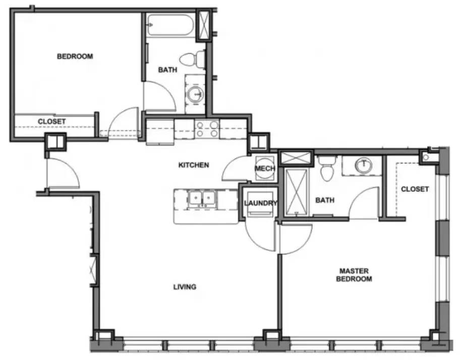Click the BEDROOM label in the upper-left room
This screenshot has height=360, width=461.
(75, 57)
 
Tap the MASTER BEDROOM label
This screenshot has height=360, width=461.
(355, 275)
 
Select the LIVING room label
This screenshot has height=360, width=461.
(185, 287)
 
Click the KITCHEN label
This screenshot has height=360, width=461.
(194, 165)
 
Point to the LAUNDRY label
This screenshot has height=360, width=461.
(260, 203)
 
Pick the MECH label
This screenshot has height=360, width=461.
(264, 169)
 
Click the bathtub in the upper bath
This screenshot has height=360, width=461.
(170, 25)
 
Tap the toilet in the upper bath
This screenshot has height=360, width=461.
(194, 59)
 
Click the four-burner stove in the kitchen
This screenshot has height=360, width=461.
(207, 129)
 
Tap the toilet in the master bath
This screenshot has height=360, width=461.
(326, 168)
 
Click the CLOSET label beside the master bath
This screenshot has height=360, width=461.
(415, 189)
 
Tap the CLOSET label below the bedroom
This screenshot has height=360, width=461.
(51, 122)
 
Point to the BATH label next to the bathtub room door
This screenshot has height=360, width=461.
(167, 70)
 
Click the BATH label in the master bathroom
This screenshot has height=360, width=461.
(325, 200)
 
